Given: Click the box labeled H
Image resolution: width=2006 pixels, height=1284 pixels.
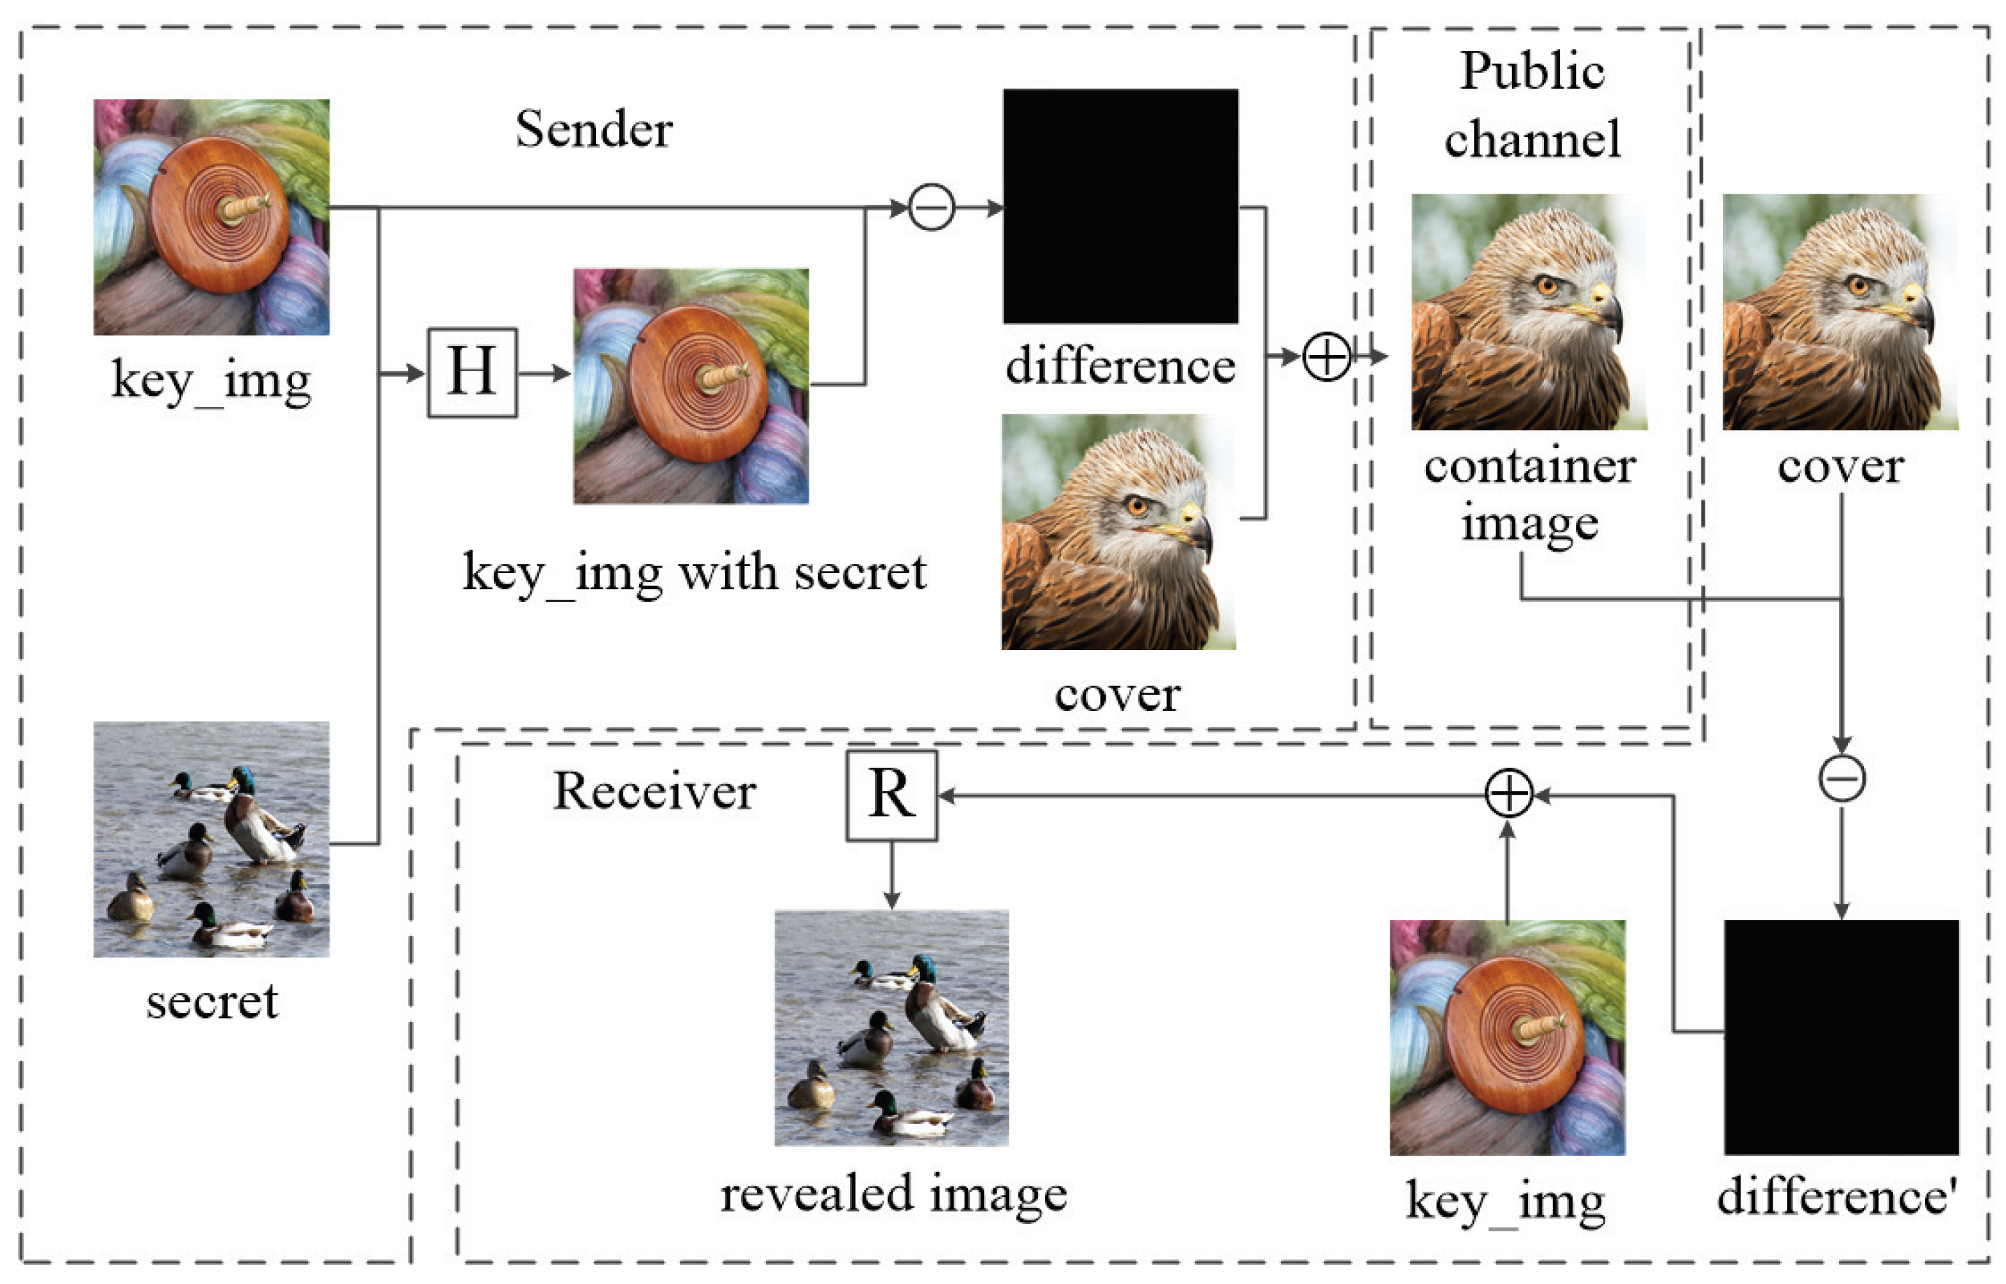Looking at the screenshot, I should [472, 373].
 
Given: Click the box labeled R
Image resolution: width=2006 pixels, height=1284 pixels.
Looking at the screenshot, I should [891, 795].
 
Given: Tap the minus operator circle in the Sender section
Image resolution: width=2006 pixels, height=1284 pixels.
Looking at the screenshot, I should [930, 208].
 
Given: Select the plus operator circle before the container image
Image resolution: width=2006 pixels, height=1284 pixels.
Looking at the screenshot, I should [1326, 357].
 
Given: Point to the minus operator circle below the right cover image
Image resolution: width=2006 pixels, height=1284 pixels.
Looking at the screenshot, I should [1842, 779].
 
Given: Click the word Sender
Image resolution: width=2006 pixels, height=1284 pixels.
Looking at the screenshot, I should [593, 130].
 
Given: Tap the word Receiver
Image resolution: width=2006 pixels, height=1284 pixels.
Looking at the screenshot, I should [654, 791].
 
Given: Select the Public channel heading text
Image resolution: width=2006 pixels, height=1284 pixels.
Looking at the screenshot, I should [1531, 104].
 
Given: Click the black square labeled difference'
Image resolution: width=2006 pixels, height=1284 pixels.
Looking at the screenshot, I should [1841, 1037].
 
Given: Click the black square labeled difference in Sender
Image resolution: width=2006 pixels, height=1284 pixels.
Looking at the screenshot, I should [1120, 206].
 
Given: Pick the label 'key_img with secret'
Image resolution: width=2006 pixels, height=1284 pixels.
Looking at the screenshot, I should [693, 574].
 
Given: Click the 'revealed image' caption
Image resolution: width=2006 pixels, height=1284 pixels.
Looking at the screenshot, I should [893, 1194].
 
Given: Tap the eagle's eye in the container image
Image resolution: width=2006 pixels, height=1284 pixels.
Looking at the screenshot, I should [1547, 286].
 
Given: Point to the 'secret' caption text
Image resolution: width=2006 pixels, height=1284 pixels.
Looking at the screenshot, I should [212, 1002].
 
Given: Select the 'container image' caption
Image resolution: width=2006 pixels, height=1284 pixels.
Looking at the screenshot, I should [1529, 494].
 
